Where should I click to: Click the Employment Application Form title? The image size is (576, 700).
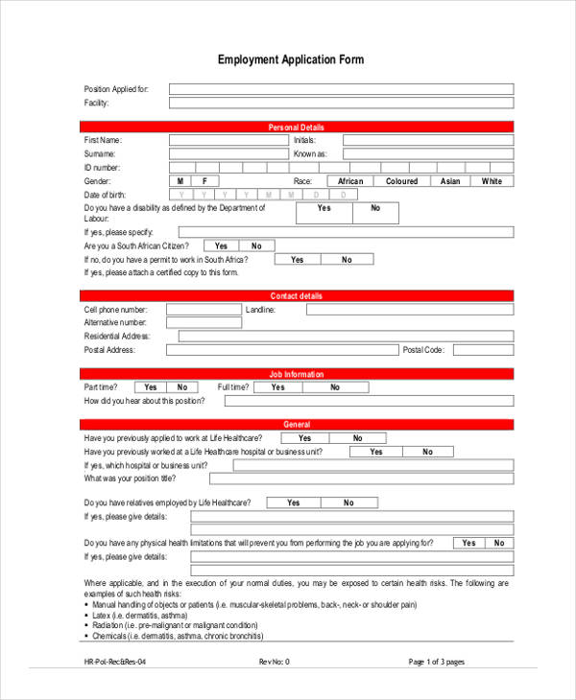click(x=291, y=59)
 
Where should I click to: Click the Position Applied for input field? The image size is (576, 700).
click(x=341, y=89)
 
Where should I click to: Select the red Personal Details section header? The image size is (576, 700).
click(x=297, y=127)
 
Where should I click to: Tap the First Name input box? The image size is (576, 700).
click(x=228, y=140)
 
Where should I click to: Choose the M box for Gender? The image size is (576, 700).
click(x=181, y=181)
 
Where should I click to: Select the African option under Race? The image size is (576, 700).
click(x=350, y=181)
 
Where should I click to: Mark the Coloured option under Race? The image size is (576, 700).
click(x=401, y=181)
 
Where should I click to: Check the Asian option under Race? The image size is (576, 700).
click(x=450, y=181)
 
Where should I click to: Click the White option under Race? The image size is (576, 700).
click(x=492, y=181)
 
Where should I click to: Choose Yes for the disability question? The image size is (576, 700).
click(x=324, y=208)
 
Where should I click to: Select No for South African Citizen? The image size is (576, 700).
click(x=256, y=245)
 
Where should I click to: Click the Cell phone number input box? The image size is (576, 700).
click(x=203, y=310)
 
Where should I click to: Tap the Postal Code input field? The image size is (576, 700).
click(x=481, y=350)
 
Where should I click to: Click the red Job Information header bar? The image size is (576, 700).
click(x=297, y=374)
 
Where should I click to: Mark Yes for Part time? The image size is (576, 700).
click(x=151, y=387)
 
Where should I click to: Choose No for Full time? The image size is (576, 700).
click(x=335, y=387)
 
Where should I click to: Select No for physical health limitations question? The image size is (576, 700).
click(x=498, y=543)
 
